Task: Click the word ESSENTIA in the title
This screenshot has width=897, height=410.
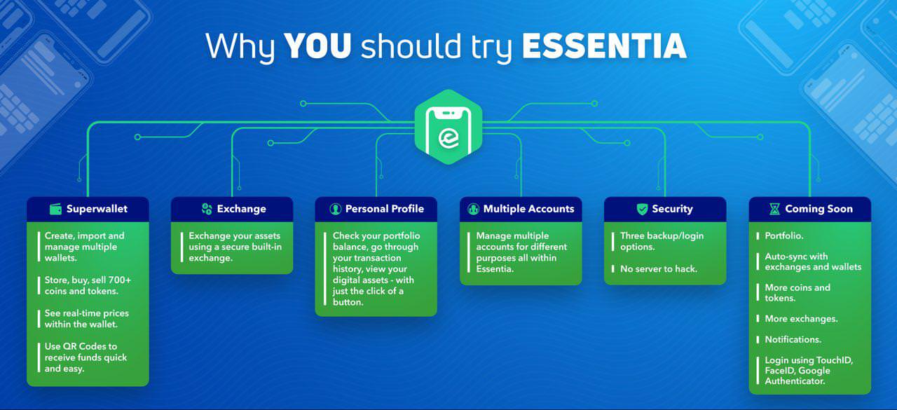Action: point(604,46)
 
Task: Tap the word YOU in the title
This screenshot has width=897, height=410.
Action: point(317,46)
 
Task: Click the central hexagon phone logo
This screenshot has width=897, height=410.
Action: point(448,127)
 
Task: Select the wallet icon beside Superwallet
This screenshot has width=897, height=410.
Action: point(55,209)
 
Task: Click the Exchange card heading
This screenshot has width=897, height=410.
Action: point(242,209)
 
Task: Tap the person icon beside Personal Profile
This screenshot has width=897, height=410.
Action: point(335,209)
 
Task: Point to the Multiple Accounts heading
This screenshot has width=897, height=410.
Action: point(528,209)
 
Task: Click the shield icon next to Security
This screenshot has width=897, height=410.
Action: point(643,209)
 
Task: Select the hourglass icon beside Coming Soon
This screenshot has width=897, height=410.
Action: point(775,209)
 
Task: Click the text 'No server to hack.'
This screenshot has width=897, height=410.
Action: point(659,269)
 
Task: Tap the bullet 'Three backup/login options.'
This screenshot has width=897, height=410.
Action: point(662,241)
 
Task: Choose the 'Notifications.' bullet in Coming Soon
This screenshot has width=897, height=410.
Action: point(793,339)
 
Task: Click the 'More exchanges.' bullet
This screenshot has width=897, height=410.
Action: point(801,319)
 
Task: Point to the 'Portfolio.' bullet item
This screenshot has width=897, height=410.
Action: point(784,235)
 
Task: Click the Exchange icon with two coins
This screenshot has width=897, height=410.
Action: point(207,209)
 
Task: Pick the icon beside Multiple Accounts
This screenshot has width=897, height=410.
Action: point(473,209)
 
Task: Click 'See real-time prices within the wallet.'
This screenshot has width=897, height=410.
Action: point(86,319)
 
